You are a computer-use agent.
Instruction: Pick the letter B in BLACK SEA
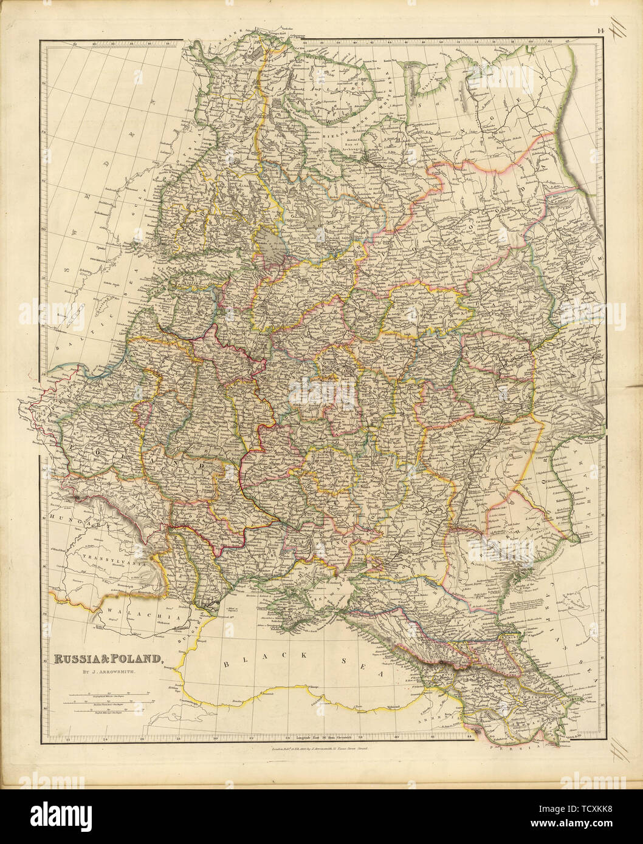(x=227, y=664)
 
